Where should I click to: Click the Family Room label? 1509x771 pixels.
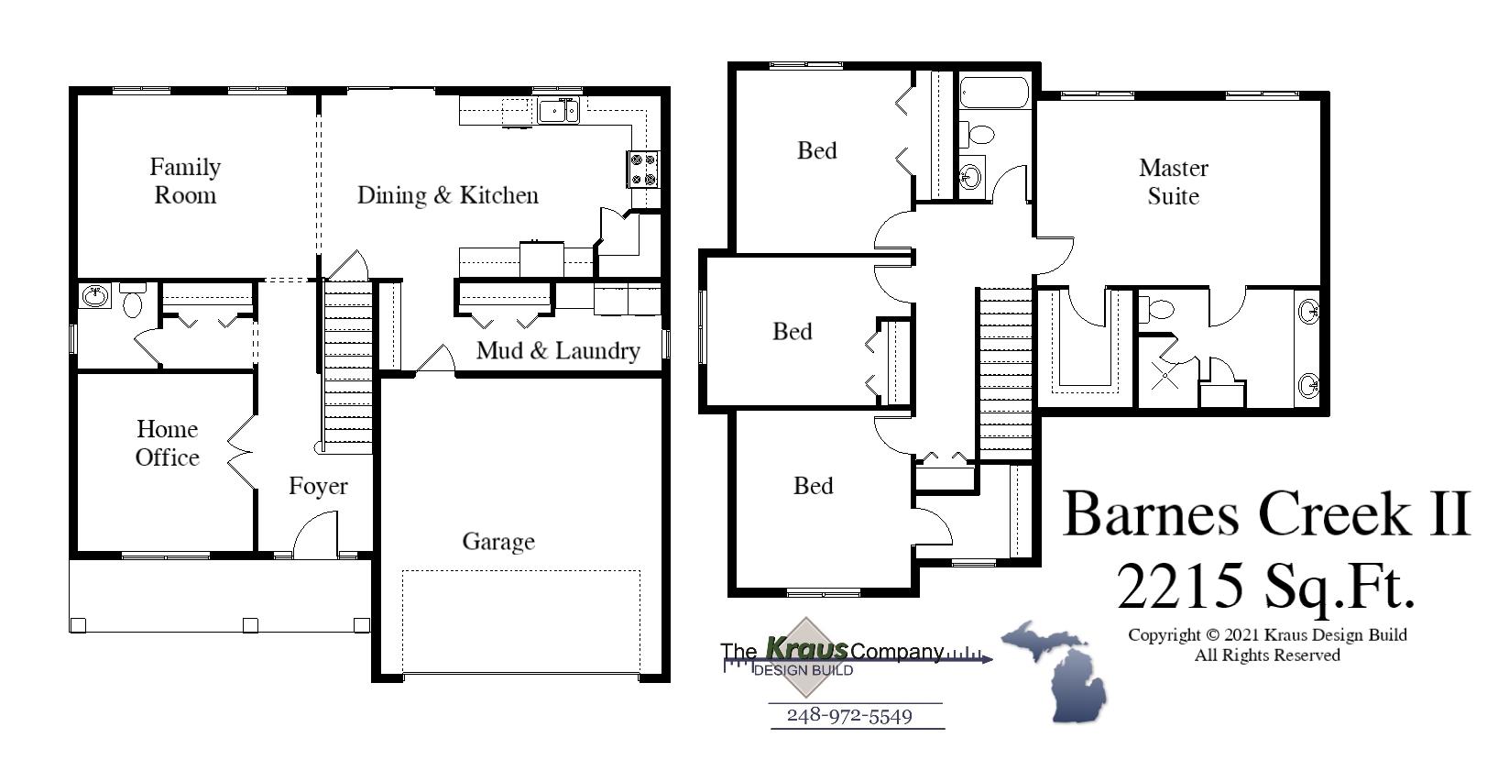tap(185, 181)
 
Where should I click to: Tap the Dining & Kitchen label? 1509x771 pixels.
tap(447, 195)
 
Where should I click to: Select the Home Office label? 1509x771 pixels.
tap(167, 443)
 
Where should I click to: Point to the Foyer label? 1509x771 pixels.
tap(318, 486)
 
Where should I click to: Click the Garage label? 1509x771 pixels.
tap(498, 541)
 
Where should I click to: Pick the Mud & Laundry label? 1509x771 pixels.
tap(557, 350)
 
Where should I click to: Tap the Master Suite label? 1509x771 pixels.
tap(1173, 182)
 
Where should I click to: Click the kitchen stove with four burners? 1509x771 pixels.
tap(642, 169)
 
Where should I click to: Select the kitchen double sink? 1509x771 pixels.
tap(558, 111)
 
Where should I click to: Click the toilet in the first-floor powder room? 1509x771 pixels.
tap(133, 302)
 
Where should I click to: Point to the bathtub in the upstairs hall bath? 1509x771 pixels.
tap(994, 93)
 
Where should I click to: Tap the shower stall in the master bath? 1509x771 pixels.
tap(1165, 373)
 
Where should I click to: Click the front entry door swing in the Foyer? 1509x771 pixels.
tap(313, 534)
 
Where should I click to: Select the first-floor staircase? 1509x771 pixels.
tap(348, 367)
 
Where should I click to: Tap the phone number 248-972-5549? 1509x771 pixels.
tap(849, 716)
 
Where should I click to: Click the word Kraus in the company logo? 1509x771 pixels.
tap(806, 649)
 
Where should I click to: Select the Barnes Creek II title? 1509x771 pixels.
tap(1265, 513)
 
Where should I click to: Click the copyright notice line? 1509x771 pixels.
tap(1267, 634)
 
